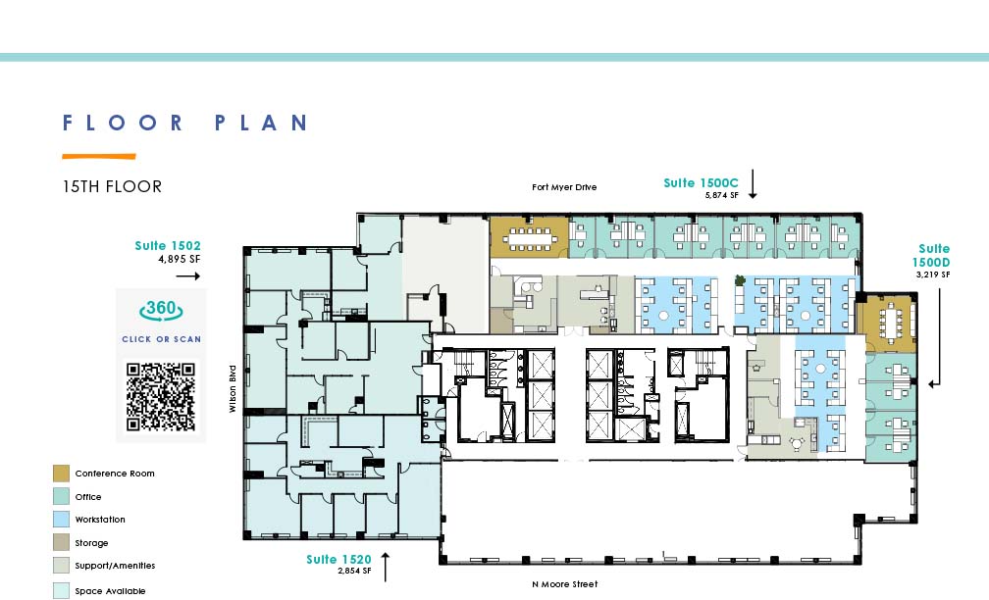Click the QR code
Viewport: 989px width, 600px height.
[161, 397]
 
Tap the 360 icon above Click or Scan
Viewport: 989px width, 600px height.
[161, 310]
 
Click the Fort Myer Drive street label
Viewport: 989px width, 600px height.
[564, 187]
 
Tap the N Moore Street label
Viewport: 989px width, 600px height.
[564, 584]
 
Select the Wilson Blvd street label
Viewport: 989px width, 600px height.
[233, 389]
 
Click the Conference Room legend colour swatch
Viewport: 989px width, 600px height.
[61, 474]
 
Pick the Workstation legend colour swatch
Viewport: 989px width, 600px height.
[61, 520]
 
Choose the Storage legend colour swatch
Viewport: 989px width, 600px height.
[61, 542]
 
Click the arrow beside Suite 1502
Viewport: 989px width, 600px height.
[188, 276]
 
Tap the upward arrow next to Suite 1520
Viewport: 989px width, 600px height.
[385, 568]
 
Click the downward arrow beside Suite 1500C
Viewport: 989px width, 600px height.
[753, 184]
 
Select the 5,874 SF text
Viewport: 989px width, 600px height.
[721, 195]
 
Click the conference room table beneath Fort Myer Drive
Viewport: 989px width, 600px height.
[530, 237]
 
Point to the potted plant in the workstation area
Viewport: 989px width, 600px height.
[740, 279]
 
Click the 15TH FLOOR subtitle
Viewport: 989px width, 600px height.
[112, 186]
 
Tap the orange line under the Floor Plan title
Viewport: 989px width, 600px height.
[99, 156]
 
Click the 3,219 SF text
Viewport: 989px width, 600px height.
[933, 275]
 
